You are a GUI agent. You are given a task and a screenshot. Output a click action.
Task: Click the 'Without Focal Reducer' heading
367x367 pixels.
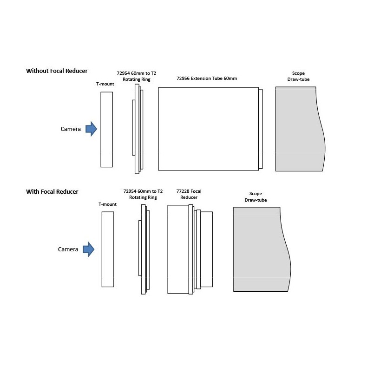coord(57,71)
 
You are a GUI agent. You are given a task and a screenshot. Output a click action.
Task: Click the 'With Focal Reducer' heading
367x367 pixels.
coord(52,192)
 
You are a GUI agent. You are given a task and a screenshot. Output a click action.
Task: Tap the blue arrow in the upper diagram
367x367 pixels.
coord(91,129)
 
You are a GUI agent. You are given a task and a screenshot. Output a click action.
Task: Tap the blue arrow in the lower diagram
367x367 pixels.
coord(89,249)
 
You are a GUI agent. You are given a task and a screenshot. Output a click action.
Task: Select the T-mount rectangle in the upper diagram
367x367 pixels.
coord(107,130)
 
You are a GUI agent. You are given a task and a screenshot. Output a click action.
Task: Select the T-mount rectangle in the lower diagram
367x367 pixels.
coord(108,249)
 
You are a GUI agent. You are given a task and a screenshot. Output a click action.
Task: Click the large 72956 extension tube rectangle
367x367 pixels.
coord(208,129)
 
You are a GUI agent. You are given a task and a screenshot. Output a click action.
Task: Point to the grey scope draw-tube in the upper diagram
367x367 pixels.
coord(300,129)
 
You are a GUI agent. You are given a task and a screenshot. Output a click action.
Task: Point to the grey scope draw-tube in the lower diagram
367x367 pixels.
coord(262,249)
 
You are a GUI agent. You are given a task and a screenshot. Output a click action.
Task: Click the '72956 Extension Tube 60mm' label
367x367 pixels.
coord(207,79)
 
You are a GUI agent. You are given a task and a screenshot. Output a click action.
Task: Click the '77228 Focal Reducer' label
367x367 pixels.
coord(189,194)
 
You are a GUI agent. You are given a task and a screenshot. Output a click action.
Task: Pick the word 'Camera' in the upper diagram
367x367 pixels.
coord(71,129)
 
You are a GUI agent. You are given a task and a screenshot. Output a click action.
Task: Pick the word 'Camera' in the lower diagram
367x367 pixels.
coord(68,249)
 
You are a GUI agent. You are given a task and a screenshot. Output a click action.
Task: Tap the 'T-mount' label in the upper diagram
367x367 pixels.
coord(105,84)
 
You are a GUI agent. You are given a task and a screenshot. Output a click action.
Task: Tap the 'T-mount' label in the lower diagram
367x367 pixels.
coord(107,204)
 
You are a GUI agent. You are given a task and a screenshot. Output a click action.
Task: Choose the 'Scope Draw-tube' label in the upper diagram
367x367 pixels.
coord(298,76)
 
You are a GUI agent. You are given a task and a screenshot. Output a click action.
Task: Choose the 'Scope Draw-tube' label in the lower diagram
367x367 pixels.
coord(256,197)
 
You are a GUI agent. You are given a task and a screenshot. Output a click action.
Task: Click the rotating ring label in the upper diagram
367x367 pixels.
coord(137,76)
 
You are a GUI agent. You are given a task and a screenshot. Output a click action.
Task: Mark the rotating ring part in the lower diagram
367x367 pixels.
coord(144,249)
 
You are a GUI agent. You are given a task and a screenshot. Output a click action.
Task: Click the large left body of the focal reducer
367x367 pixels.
coord(178,249)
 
